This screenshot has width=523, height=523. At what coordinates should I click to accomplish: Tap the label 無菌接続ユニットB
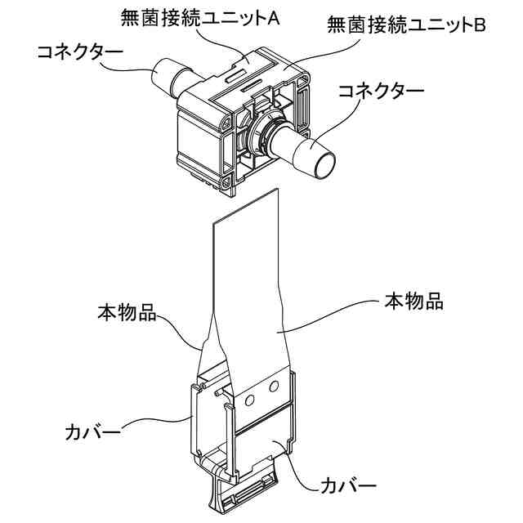tap(406, 25)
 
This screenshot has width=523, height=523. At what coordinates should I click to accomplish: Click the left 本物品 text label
tap(127, 313)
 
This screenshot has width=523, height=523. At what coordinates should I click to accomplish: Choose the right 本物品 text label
tap(413, 302)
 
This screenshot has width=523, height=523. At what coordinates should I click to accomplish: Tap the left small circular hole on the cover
tap(252, 400)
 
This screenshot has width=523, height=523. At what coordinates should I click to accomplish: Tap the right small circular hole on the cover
tap(274, 384)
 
